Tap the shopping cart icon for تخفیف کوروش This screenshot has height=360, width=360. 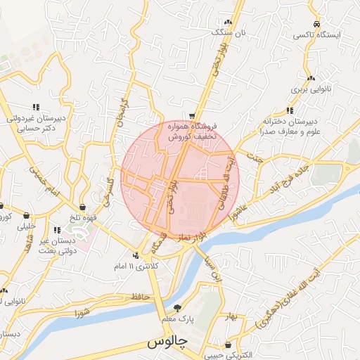click(192, 116)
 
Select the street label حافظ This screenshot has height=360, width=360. click(141, 298)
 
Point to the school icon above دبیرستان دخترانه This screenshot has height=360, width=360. click(290, 110)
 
